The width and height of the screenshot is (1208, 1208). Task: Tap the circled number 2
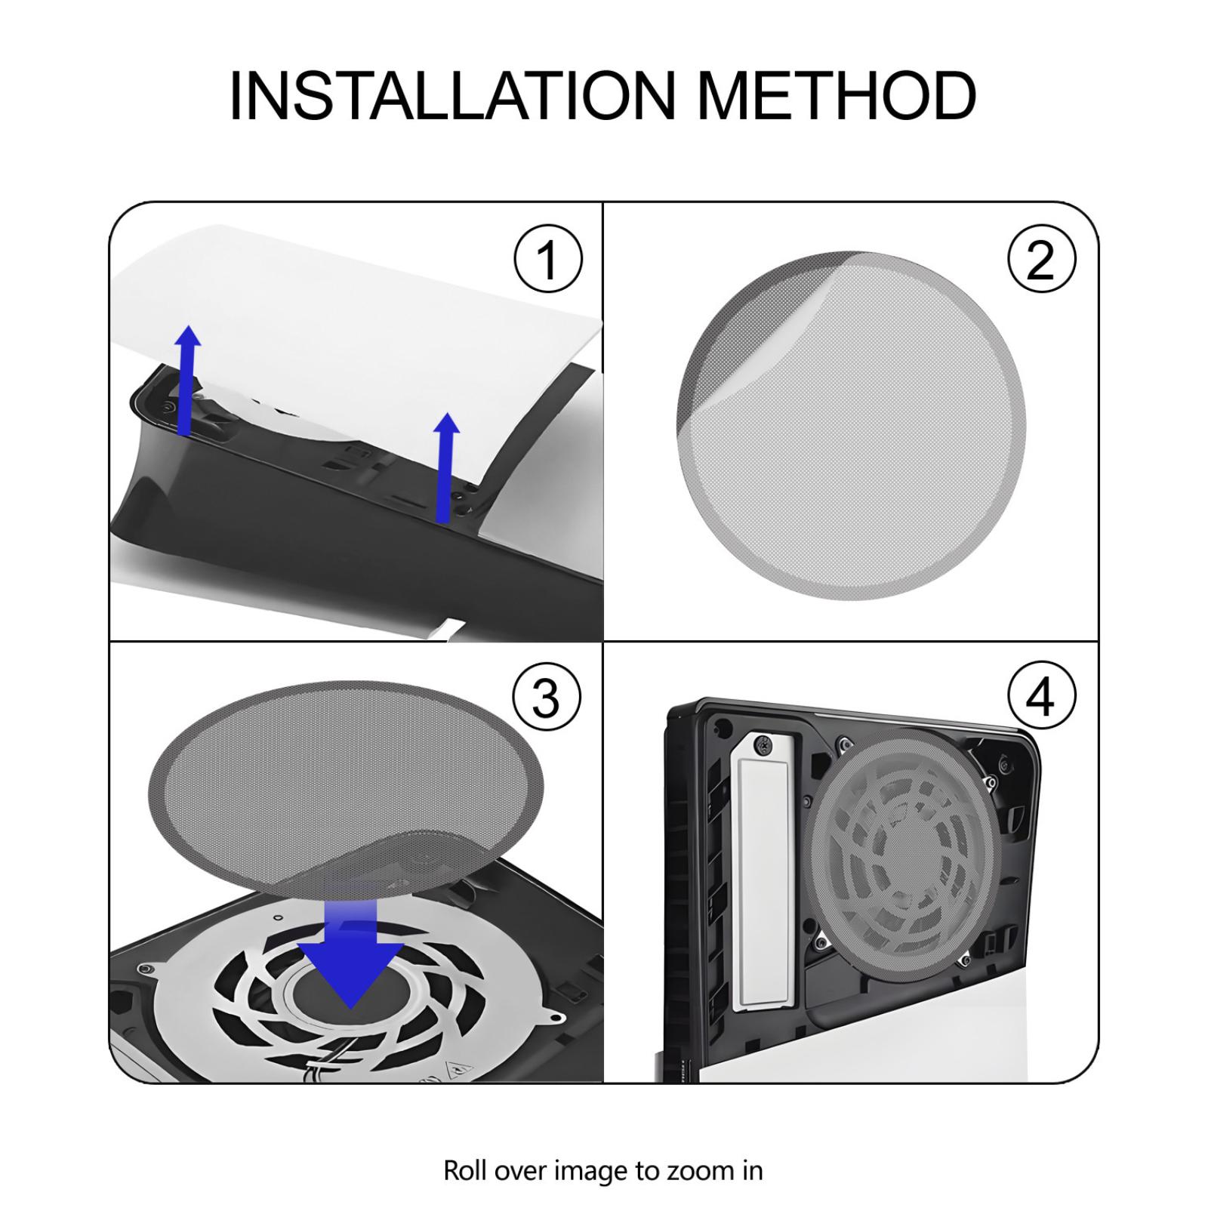(1042, 259)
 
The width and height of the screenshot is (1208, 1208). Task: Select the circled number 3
(547, 697)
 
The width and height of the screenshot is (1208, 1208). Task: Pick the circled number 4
(1042, 697)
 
